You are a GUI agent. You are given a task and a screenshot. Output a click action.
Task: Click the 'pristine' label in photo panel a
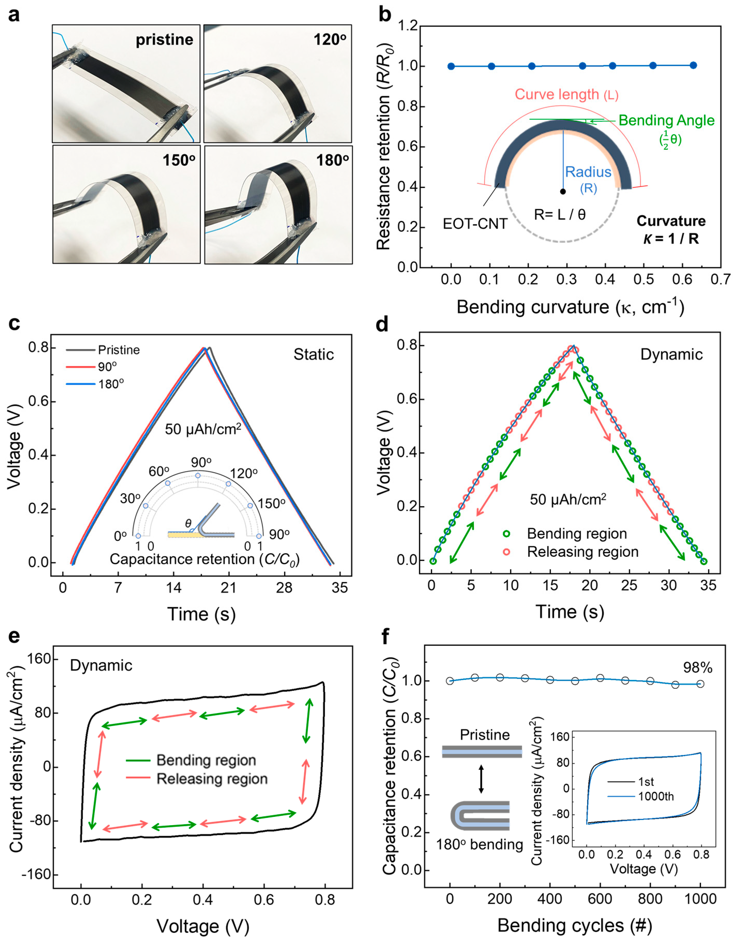[x=164, y=40]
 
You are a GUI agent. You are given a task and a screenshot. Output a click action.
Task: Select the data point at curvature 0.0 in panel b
[x=451, y=66]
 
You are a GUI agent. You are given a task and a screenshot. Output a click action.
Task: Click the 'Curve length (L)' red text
[x=566, y=94]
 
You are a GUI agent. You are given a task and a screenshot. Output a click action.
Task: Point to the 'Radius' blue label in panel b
[x=588, y=172]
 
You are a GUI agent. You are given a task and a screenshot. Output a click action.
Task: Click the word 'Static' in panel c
[x=314, y=355]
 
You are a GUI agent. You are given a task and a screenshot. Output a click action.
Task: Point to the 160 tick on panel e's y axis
[x=39, y=659]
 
